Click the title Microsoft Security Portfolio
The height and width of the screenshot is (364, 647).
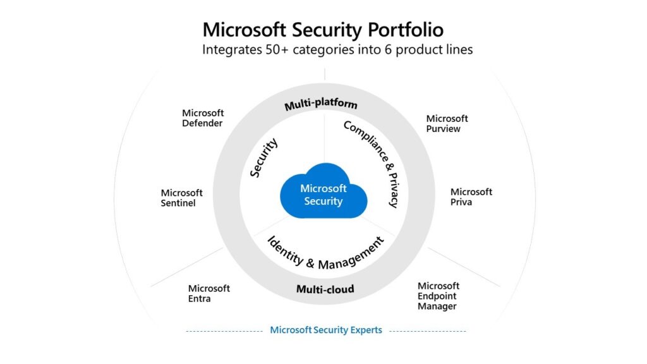pos(323,29)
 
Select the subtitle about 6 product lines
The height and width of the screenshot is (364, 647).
pos(337,49)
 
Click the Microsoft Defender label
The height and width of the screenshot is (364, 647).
pos(203,118)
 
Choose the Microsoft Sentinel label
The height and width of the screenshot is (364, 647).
pos(181,198)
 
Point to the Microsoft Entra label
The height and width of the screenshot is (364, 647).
pos(209,293)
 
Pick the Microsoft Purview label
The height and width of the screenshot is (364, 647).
pos(447,123)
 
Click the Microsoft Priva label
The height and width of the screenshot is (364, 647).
pos(471,197)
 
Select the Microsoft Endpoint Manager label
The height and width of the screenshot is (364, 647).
pos(438,296)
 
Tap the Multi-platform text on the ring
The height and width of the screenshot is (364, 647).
pos(320,104)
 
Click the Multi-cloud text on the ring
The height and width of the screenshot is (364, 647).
pos(325,289)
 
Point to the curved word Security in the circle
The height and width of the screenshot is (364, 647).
pos(263,159)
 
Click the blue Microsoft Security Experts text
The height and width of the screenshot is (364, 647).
pos(325,330)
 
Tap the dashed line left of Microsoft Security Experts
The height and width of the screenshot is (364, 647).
pos(224,331)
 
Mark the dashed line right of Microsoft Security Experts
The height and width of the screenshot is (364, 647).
pos(428,331)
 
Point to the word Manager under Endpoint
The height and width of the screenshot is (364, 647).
pos(437,306)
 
